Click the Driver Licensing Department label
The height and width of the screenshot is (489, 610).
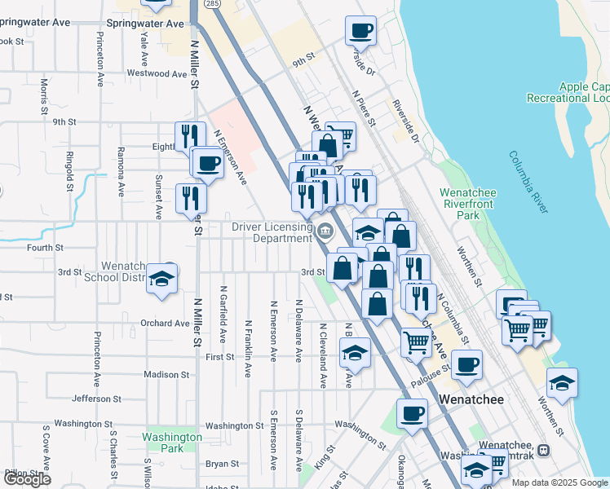pos(272,232)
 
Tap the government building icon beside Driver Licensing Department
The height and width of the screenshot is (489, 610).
pos(325,232)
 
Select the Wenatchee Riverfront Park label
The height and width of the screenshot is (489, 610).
pos(471,204)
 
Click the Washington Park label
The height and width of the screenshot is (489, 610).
pos(171,443)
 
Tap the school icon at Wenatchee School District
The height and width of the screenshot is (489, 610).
pos(163,280)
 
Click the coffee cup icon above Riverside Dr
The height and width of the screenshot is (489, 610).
pos(360,31)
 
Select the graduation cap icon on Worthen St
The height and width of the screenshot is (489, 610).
pos(562,381)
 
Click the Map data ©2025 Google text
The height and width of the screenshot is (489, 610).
pos(559,482)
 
